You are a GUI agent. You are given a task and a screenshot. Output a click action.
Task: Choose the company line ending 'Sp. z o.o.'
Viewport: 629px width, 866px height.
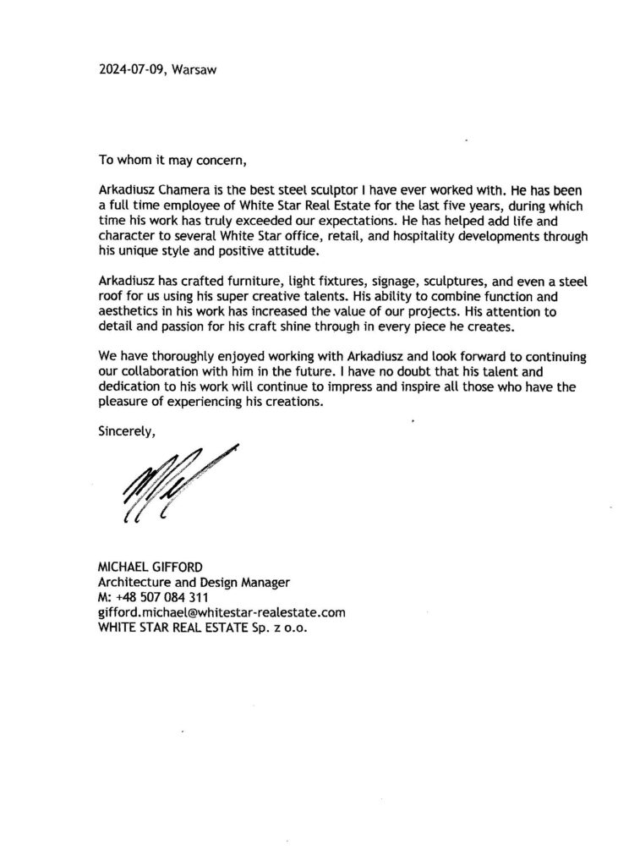[x=210, y=628]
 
